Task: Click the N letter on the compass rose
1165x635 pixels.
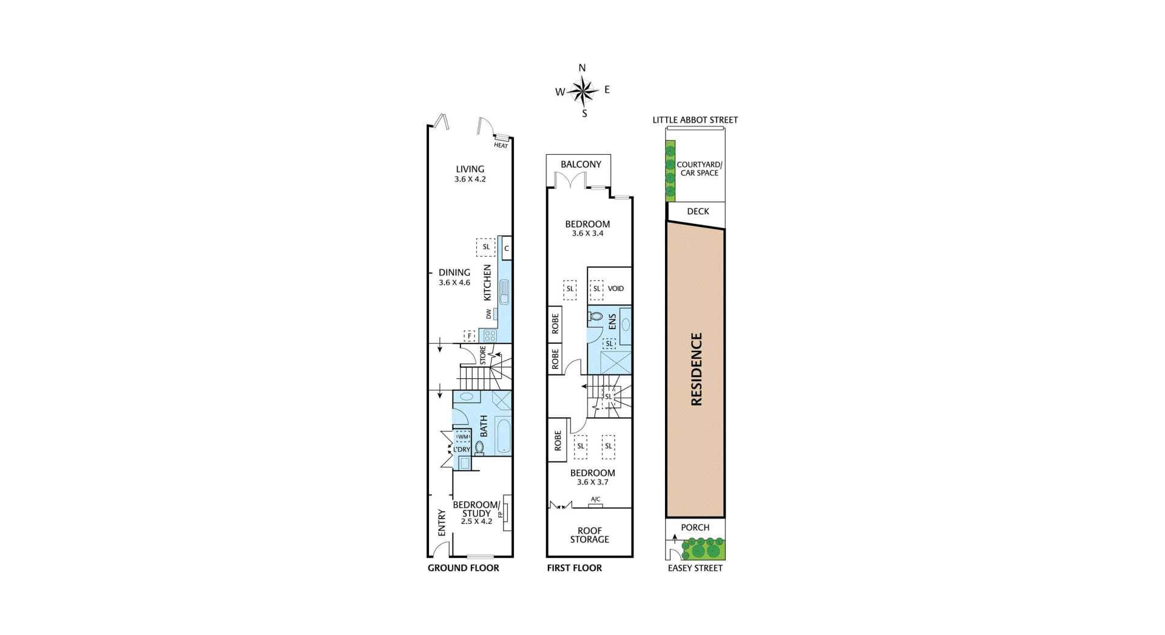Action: point(582,68)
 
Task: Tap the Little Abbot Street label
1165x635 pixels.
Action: point(695,120)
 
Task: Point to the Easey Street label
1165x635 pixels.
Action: point(695,568)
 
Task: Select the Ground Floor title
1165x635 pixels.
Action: point(464,568)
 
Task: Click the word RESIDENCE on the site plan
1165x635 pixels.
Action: point(697,369)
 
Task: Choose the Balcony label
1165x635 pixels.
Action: point(581,165)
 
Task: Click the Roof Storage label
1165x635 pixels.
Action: point(589,535)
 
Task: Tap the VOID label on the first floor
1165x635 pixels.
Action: point(616,288)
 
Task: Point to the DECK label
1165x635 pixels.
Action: point(698,211)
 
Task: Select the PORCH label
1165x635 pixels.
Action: point(695,528)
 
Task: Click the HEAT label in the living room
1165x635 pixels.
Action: point(501,146)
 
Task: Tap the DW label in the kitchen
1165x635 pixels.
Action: point(489,314)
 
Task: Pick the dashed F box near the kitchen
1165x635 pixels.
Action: point(469,336)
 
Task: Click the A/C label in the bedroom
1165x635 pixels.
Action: point(595,499)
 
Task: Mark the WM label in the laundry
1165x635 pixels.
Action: point(463,436)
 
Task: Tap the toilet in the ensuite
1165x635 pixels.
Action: point(595,316)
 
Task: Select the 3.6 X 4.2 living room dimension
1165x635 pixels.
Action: point(470,180)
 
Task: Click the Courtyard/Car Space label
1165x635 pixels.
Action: point(700,169)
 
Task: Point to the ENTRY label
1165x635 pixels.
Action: point(442,523)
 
